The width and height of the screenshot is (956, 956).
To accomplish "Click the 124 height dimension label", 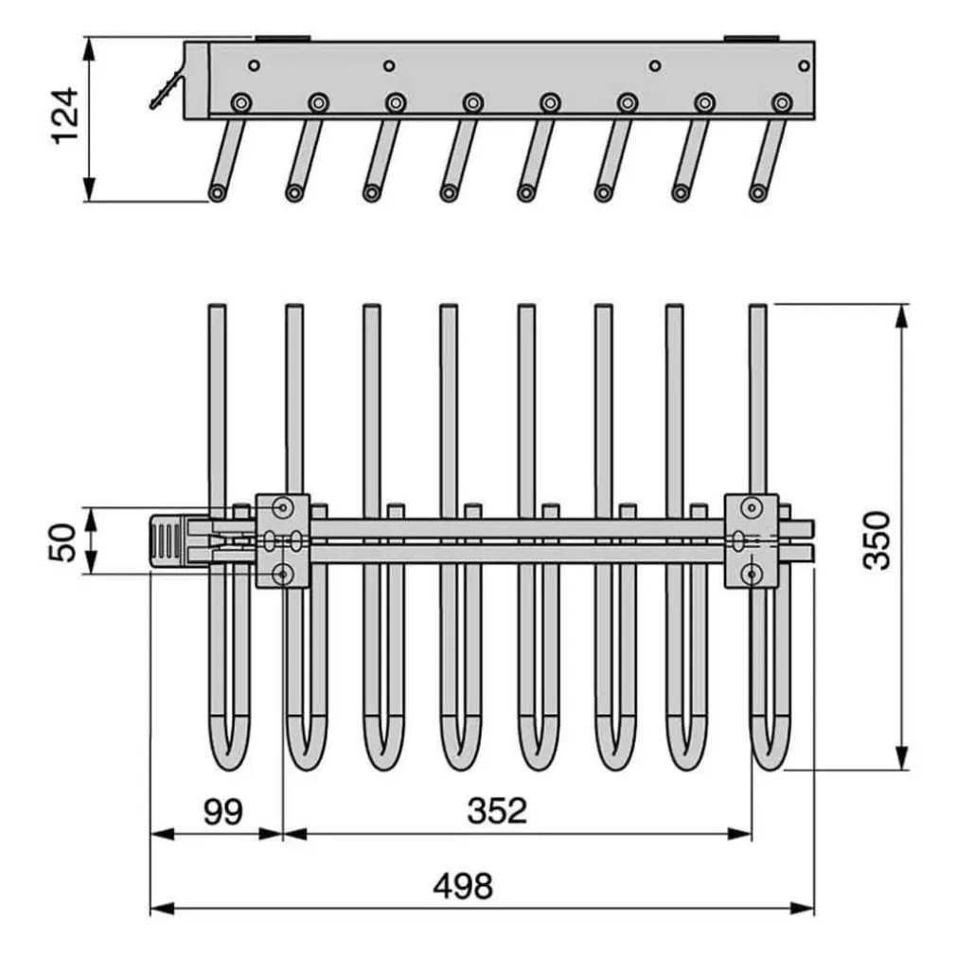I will click(64, 115).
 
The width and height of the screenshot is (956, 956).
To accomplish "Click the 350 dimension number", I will click(877, 540).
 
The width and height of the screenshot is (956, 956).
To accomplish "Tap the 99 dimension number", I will click(222, 811).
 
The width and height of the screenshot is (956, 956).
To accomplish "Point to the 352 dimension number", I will click(497, 811).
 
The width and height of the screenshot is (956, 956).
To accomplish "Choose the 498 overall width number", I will click(463, 887).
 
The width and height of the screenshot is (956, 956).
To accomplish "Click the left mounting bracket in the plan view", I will click(282, 540).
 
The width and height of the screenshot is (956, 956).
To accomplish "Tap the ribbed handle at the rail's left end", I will click(167, 540).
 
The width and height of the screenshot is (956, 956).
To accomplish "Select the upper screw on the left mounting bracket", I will click(282, 508).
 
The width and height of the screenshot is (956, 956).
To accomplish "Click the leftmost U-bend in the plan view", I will click(228, 752).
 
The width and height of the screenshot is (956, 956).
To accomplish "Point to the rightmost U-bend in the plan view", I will click(770, 752).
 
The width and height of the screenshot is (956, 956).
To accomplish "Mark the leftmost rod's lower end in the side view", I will click(218, 193).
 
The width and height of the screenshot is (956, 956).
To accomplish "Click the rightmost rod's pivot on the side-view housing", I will click(781, 102).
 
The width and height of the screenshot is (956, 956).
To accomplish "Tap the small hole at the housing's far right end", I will click(804, 66).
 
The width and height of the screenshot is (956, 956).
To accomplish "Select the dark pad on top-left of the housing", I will click(282, 39).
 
